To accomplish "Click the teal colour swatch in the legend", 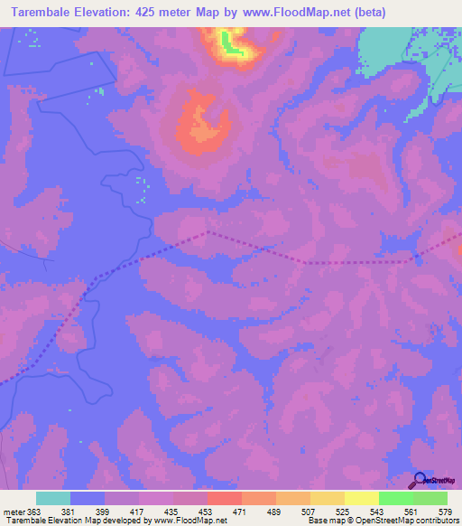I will coord(53,498).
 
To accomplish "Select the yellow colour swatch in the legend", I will coord(361,498).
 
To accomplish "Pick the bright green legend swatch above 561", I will coord(395,498).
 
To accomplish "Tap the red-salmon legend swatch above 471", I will coord(224,498).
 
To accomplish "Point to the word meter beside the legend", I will coord(14,512).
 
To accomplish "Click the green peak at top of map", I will coord(231,47).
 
